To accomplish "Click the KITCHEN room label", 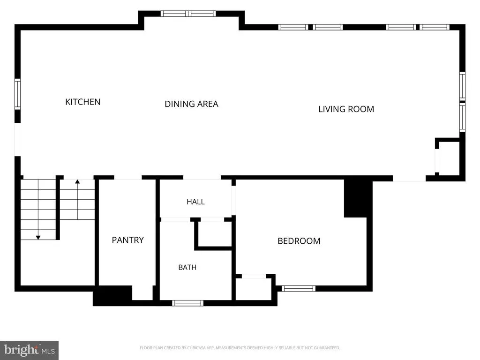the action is coord(82,102).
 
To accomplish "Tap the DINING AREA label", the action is coord(191,104).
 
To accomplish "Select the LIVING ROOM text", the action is coord(346,109).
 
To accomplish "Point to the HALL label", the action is coord(195,202).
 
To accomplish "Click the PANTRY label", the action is coord(127,240).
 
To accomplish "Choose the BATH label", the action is coord(187,268).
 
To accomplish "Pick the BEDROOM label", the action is coord(299,241).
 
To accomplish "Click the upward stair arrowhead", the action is coord(77,181).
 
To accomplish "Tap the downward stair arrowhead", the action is coord(38,238).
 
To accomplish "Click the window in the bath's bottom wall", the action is coord(187,303).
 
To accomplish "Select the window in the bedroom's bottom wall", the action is coord(299,288).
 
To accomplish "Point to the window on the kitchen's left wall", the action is coord(18,94).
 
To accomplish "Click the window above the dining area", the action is coord(188,14).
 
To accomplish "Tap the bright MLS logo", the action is coord(29,350).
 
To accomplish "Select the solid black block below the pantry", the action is coord(112,296).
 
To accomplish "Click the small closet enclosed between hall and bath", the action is coord(215,234).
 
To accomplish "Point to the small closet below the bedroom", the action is coord(254,289).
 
